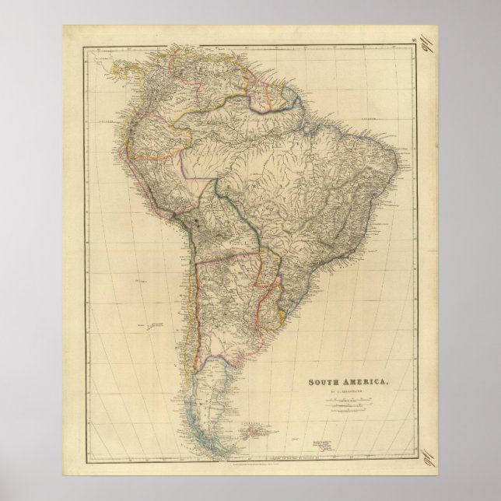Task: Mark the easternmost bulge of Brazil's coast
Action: [401, 167]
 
